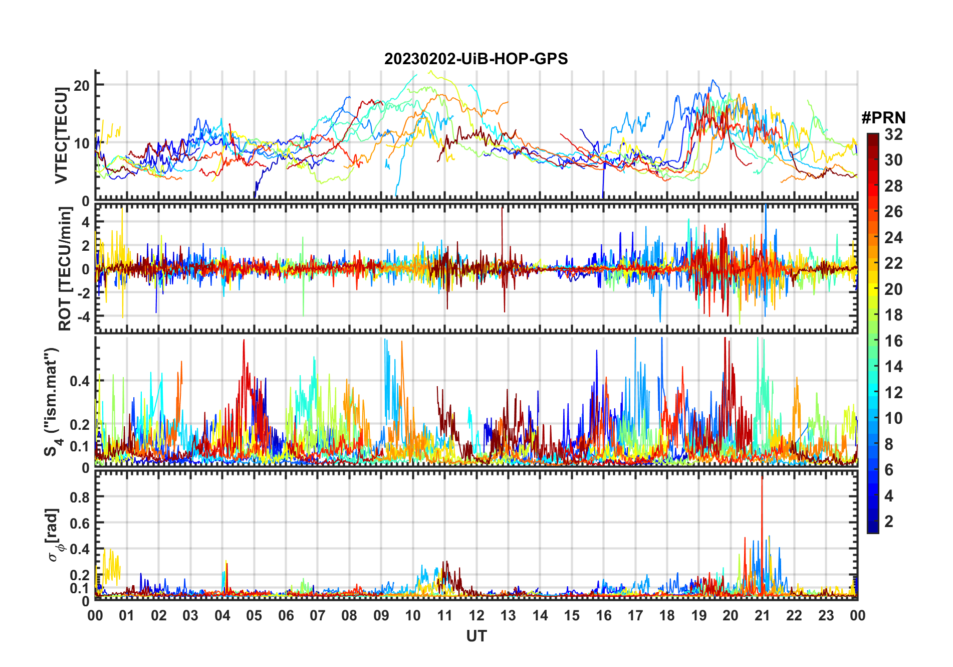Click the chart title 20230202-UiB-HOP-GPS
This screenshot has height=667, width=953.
point(476,59)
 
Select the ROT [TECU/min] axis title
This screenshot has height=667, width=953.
point(65,269)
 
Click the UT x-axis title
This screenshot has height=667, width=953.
point(476,636)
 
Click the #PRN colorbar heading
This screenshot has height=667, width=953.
point(883,118)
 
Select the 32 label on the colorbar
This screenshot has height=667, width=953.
point(893,134)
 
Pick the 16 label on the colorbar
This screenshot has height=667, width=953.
point(893,341)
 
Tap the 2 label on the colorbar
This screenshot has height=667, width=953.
point(889,522)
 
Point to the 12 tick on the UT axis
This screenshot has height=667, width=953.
point(476,615)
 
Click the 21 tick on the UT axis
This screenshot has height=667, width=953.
point(762,615)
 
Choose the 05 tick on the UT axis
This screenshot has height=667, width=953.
point(254,615)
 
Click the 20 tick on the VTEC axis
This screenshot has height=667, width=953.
point(82,85)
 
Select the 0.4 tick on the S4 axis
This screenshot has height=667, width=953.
point(80,381)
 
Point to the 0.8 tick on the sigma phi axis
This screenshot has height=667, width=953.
point(80,497)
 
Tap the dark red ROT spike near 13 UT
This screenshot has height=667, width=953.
point(502,221)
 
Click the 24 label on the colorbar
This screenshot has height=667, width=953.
point(893,238)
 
